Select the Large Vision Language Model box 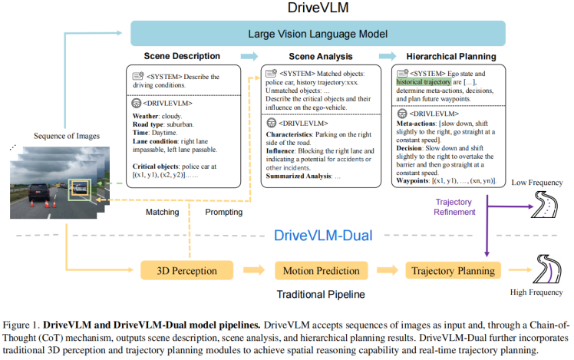[x=318, y=34]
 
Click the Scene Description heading [x=182, y=56]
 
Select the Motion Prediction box [x=320, y=270]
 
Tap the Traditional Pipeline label [x=320, y=294]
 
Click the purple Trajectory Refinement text [x=455, y=206]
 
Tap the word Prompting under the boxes [x=223, y=212]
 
